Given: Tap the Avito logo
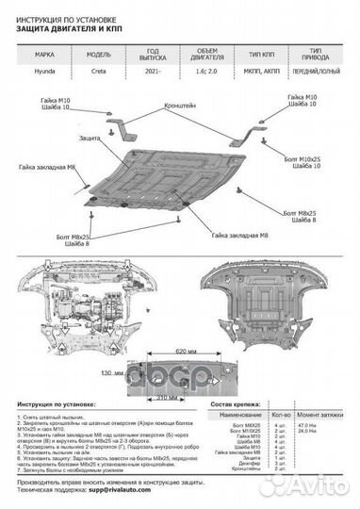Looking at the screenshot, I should coord(326,485).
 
